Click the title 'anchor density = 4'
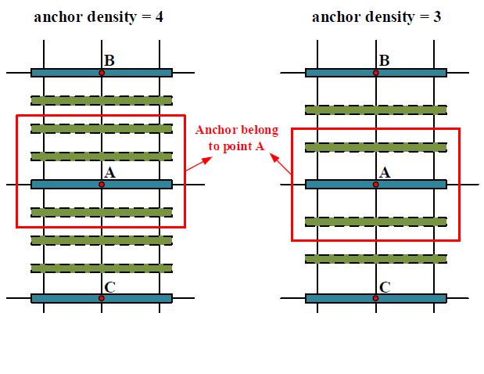(99, 16)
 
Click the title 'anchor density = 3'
(376, 16)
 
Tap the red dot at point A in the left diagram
(102, 185)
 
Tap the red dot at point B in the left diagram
(102, 72)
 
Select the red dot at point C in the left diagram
(102, 298)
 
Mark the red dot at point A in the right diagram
(376, 185)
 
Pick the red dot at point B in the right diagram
(376, 72)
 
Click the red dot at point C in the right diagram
(376, 298)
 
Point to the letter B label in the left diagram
(109, 60)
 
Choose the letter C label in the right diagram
(384, 287)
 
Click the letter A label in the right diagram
(384, 173)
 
